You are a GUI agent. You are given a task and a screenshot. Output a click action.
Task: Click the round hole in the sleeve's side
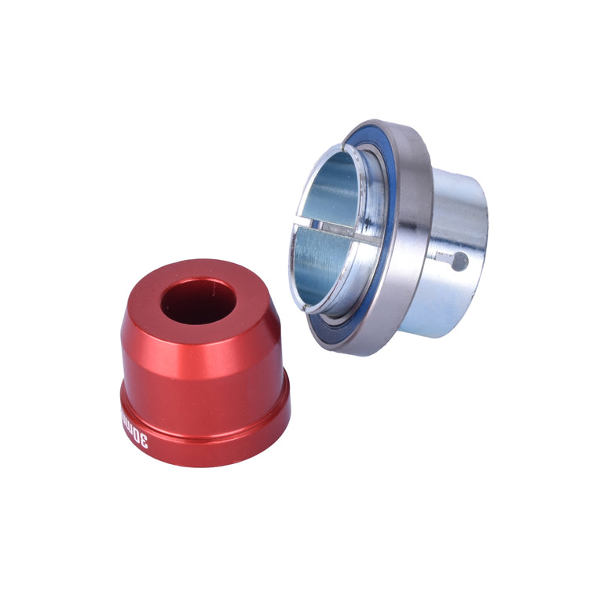[x=460, y=262]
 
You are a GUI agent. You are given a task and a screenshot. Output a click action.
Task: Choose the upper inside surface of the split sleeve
[x=334, y=188]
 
